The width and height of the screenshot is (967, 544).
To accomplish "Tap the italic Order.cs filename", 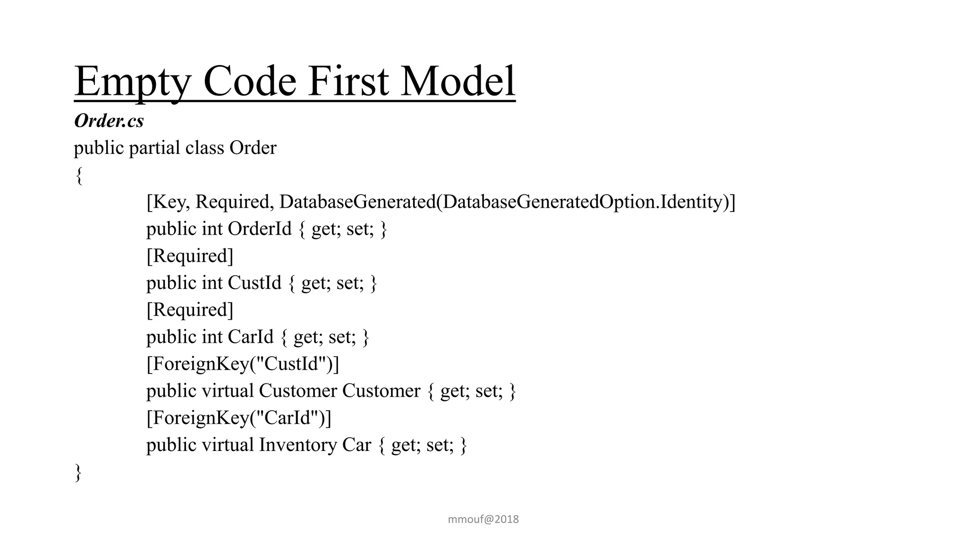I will point(109,121).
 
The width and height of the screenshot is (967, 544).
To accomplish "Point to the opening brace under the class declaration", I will point(79,176).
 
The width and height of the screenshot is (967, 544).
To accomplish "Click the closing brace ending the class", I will point(78,472).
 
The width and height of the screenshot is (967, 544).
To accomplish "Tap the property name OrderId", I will point(260,229).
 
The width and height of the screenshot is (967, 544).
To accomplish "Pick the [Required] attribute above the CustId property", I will point(190,256).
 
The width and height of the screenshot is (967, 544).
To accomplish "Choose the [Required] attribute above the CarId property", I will point(190,310).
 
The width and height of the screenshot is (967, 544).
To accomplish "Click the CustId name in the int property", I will point(254,283).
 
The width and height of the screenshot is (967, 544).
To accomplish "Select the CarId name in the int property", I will point(251,337).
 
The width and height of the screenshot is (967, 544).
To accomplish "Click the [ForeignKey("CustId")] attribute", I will point(243,364).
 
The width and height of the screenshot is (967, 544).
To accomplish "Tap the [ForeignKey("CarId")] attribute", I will point(239,418).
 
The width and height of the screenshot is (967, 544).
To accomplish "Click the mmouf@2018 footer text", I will point(483,519).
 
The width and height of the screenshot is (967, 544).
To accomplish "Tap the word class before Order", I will point(204,148).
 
